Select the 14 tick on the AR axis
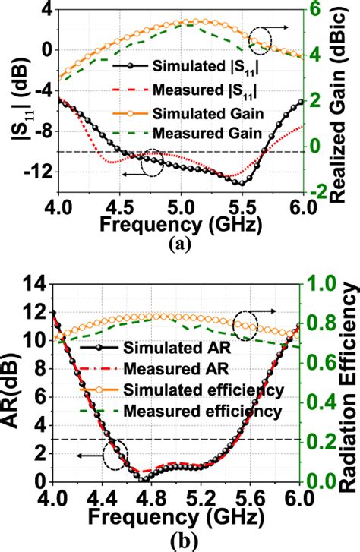pos(39,285)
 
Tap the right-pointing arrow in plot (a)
pos(283,27)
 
